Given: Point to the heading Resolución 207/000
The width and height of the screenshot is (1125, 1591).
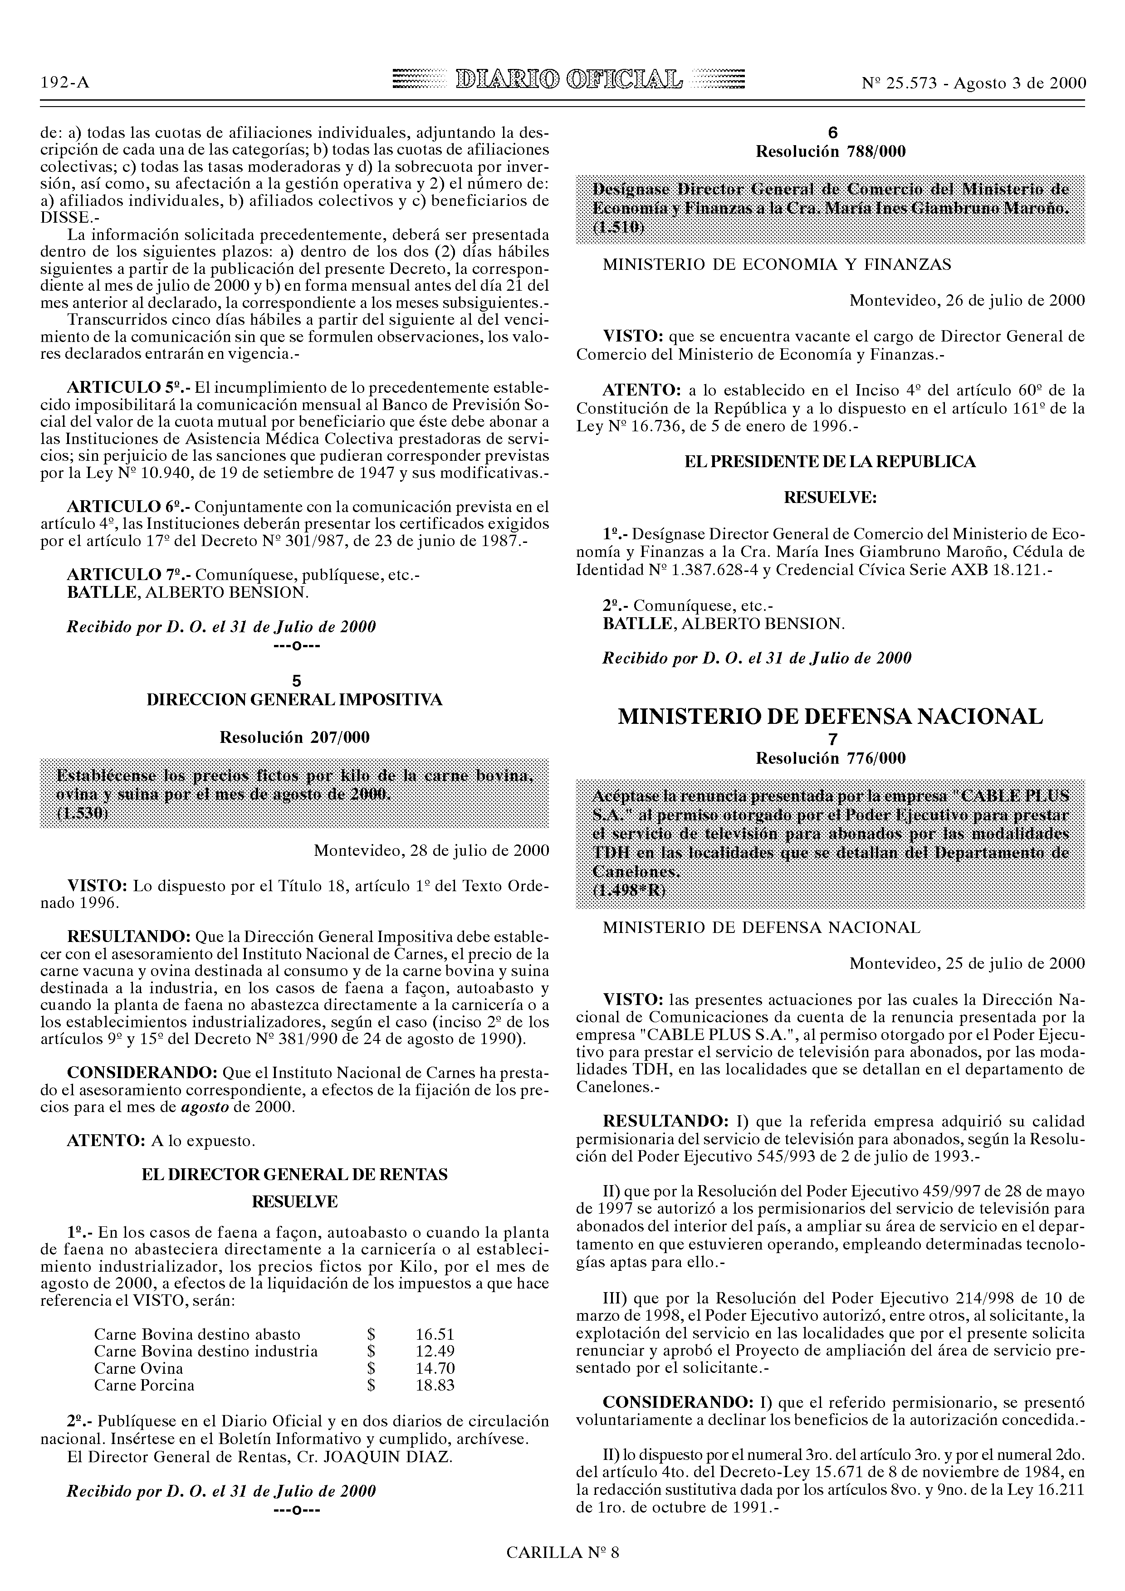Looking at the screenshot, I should coord(294,737).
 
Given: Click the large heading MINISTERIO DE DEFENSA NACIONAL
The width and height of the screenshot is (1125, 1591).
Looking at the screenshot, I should coord(831,717).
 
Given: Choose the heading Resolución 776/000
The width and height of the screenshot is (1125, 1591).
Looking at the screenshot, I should coord(831,758).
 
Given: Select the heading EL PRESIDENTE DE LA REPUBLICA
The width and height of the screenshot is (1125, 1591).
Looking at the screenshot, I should coord(831,462).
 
